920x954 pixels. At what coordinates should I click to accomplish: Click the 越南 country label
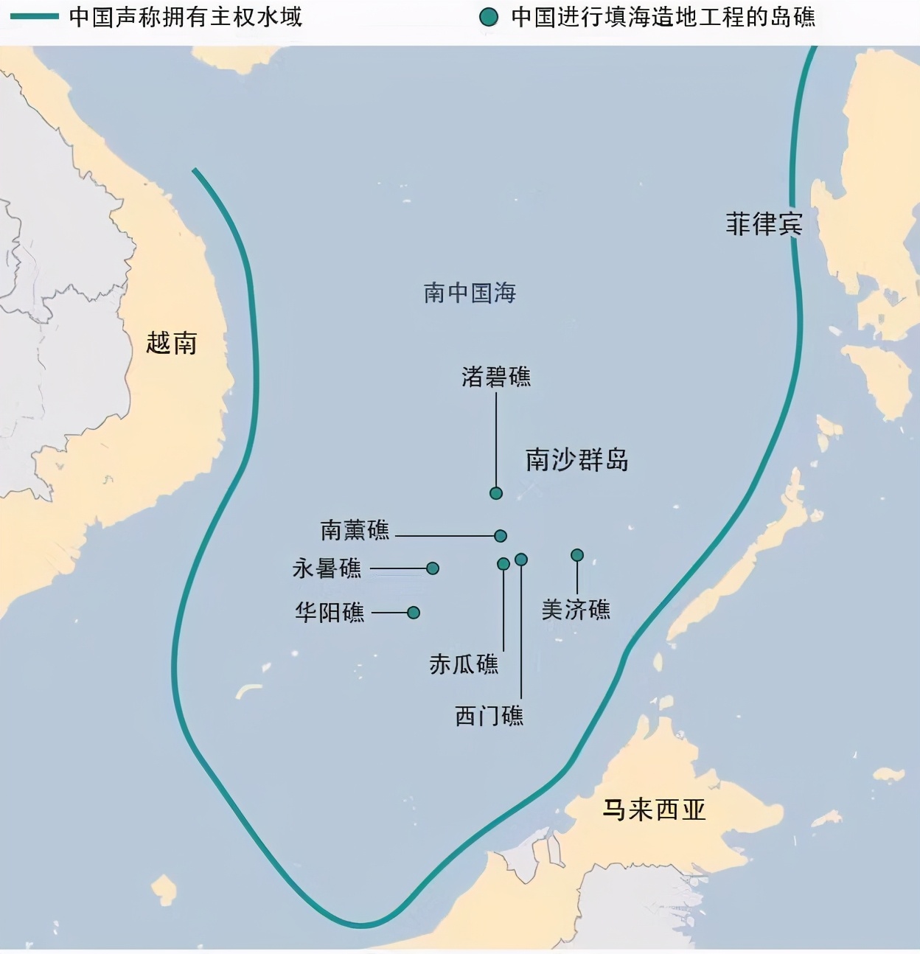pos(172,343)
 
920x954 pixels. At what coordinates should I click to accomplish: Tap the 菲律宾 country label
pos(764,224)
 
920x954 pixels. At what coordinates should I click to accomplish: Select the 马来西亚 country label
pos(654,809)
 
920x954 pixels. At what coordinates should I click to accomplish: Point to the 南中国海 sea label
pos(470,293)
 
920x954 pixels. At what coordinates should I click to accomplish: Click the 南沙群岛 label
pos(576,459)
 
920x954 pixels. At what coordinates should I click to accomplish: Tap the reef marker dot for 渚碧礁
pos(496,493)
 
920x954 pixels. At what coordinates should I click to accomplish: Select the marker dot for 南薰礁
pos(501,536)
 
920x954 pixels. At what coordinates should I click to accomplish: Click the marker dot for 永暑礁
pos(433,568)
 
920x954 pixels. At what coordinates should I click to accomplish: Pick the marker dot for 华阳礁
pos(414,613)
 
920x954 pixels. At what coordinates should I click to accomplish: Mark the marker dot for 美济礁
pos(577,555)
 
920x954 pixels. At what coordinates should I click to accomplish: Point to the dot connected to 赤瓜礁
pos(503,564)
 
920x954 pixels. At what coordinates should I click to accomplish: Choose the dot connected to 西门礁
pos(521,560)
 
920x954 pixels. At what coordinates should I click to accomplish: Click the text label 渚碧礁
pos(496,377)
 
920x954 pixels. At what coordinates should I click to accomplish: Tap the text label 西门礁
pos(489,716)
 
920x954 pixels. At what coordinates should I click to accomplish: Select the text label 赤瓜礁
pos(464,664)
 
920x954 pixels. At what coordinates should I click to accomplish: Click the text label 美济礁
pos(576,610)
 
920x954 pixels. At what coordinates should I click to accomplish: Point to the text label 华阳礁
pos(330,613)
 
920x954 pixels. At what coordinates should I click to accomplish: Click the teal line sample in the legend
pos(34,16)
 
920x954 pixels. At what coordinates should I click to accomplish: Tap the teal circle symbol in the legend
pos(488,17)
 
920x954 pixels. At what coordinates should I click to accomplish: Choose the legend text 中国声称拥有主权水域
pos(185,16)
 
